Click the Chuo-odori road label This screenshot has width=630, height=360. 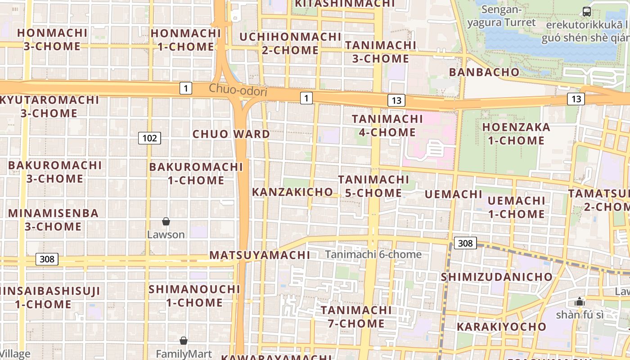pos(238,90)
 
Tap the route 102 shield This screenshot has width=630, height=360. pos(149,138)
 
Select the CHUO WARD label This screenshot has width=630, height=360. pos(231,134)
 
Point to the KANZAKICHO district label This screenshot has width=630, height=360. pos(292,192)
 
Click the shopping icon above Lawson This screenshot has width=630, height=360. pos(166,221)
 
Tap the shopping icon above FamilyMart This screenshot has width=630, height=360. pos(184,341)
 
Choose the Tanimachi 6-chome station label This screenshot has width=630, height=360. pos(373,255)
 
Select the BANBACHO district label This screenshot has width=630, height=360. pos(484,72)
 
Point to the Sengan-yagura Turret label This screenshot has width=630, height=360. pos(501,16)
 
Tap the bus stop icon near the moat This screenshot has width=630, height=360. pos(586,12)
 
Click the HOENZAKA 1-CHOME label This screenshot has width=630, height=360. pos(516,134)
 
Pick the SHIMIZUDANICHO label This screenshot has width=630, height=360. pos(496,277)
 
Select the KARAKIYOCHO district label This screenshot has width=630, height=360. pos(501,327)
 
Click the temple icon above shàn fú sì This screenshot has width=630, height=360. pos(580,301)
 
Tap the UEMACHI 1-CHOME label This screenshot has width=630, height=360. pos(516,207)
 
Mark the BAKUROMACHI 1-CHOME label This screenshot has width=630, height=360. pos(196,174)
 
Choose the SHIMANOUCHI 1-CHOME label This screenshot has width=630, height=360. pos(194,296)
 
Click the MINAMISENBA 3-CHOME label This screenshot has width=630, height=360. pos(53,220)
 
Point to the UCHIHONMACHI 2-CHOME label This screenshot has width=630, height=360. pos(290,43)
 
